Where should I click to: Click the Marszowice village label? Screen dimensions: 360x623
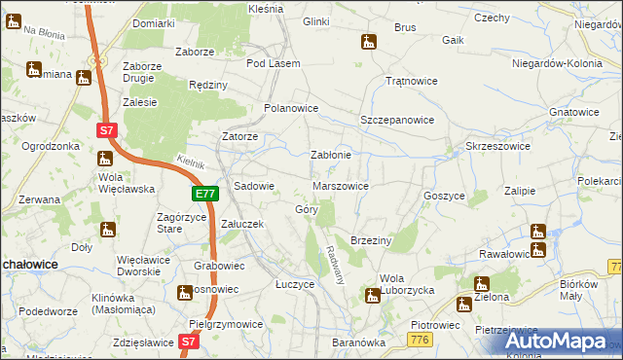341,185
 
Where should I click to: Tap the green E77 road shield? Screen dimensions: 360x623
204,195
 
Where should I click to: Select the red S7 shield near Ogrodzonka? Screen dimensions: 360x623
108,129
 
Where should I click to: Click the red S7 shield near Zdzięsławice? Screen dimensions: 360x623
190,342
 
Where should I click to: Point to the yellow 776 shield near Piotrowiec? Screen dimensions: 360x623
420,338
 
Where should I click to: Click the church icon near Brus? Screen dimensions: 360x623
368,42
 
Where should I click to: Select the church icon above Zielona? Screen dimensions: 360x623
479,284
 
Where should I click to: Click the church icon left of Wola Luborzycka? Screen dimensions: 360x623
371,294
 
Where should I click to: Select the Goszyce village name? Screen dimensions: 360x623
444,196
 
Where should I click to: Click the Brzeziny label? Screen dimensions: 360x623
370,239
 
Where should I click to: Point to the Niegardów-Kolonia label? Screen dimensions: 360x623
552,63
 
